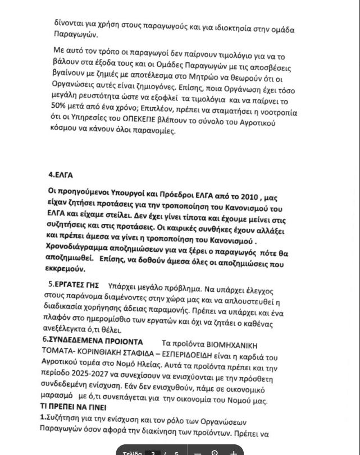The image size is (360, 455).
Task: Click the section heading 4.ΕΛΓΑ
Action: pyautogui.click(x=61, y=175)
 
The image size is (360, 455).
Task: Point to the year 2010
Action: pyautogui.click(x=249, y=197)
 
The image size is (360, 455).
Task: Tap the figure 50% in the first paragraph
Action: pyautogui.click(x=58, y=105)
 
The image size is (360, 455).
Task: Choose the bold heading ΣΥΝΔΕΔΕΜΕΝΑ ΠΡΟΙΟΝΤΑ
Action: pyautogui.click(x=95, y=341)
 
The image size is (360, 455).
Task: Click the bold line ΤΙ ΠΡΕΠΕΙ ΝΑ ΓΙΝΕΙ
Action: pyautogui.click(x=73, y=406)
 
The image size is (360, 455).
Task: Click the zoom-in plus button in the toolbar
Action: pyautogui.click(x=234, y=452)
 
